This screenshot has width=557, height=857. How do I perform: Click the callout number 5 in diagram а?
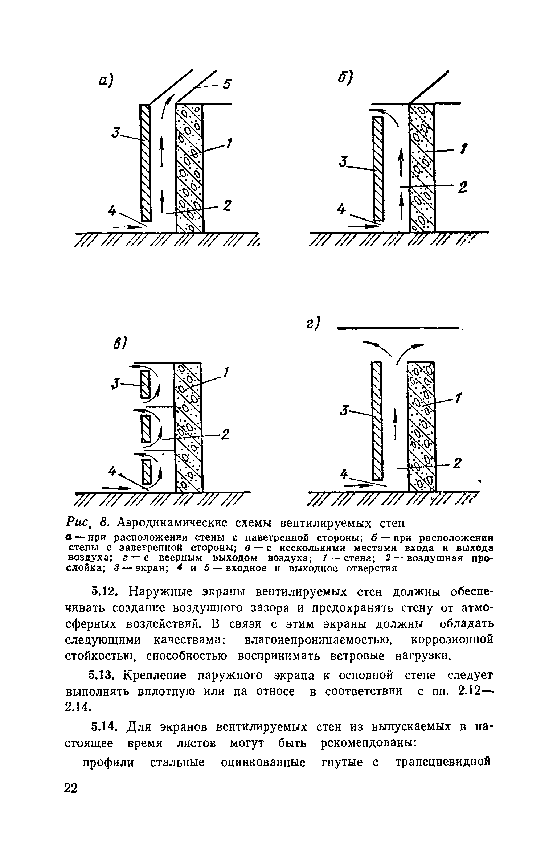coord(227,85)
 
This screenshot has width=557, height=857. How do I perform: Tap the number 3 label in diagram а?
coord(115,133)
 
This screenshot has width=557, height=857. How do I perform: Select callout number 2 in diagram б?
coord(462,188)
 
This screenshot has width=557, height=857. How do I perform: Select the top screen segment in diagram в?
coord(146,385)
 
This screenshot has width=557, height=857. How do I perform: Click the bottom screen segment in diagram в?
coord(146,472)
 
